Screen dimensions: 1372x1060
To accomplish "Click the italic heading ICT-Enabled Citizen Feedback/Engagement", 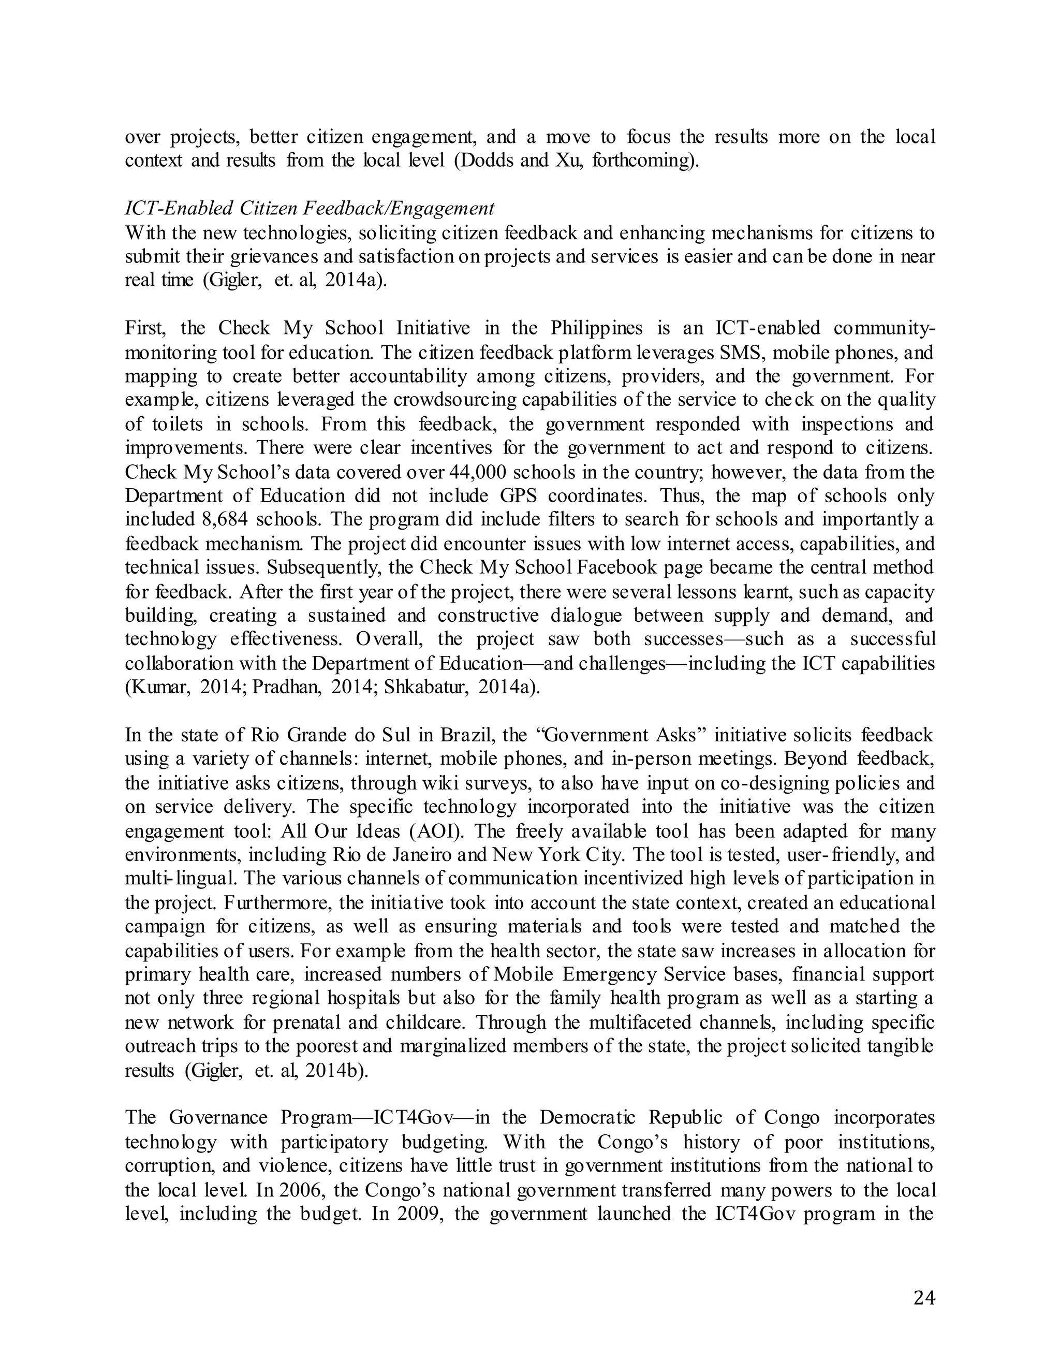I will pyautogui.click(x=310, y=208).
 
